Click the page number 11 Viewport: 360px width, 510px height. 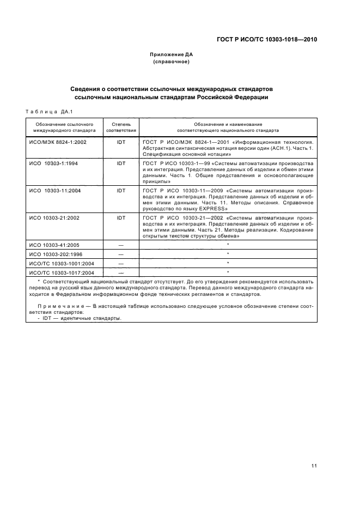pos(314,466)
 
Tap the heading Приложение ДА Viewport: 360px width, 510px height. pos(172,54)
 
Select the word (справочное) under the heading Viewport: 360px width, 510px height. pos(172,62)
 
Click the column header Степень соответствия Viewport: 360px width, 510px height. pos(121,127)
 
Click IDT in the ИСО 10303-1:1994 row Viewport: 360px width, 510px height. pos(121,163)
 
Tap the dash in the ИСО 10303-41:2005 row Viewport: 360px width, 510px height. pos(121,246)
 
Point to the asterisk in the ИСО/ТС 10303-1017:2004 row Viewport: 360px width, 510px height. pos(227,271)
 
